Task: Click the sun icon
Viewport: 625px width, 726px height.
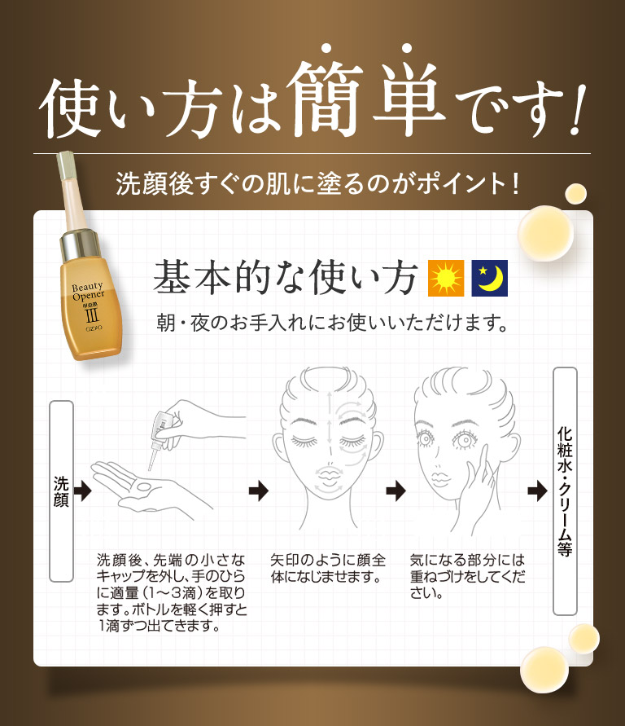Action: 446,279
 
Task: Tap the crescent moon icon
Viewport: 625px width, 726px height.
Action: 490,279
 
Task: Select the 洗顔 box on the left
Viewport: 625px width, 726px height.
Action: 61,491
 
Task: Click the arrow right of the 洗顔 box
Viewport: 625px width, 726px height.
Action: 82,491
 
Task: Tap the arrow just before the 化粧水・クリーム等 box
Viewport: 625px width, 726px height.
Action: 536,491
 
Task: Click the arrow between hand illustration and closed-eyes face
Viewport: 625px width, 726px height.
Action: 258,491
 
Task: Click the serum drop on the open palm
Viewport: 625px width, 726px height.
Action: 145,486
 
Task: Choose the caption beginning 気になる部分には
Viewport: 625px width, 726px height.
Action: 467,577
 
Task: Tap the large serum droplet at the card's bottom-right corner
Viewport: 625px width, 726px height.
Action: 544,668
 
